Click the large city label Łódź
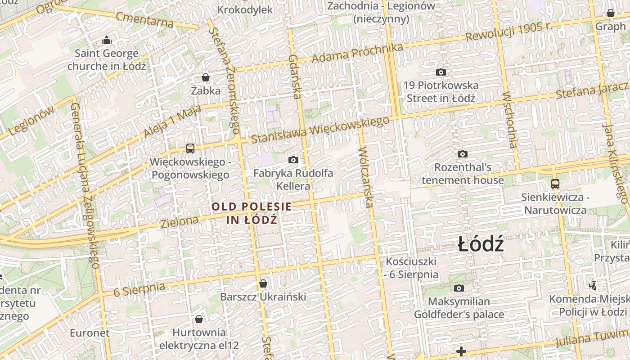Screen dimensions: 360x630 481,245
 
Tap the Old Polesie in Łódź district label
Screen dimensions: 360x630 252,213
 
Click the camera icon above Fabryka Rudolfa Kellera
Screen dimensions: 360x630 293,160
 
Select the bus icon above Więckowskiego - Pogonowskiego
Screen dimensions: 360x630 190,148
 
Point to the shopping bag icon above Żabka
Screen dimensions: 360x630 206,77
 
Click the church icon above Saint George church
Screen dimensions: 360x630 107,40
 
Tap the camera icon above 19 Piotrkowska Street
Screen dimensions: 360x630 441,72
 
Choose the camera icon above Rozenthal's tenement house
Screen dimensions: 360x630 463,154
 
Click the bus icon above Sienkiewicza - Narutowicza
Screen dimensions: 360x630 555,184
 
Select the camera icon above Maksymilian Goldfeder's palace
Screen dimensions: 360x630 459,288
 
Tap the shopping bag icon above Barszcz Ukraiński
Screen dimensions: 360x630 263,283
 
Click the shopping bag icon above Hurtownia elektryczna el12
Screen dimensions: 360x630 199,319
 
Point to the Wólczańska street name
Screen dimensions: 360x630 366,177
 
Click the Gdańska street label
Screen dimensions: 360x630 294,76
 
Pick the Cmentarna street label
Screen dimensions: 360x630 144,19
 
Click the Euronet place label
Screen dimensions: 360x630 90,333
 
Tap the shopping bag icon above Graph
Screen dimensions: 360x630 611,13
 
